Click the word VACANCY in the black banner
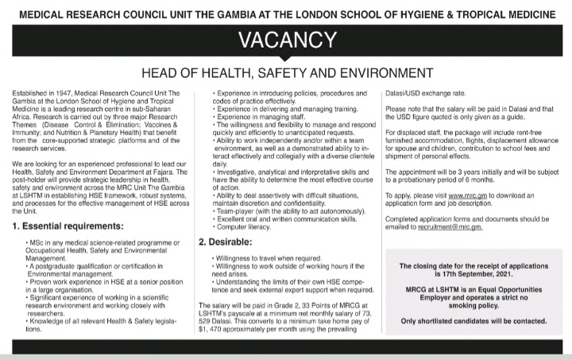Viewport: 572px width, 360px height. click(285, 39)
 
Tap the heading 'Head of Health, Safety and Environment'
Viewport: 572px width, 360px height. click(285, 74)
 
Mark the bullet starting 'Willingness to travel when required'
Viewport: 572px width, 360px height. click(265, 257)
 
